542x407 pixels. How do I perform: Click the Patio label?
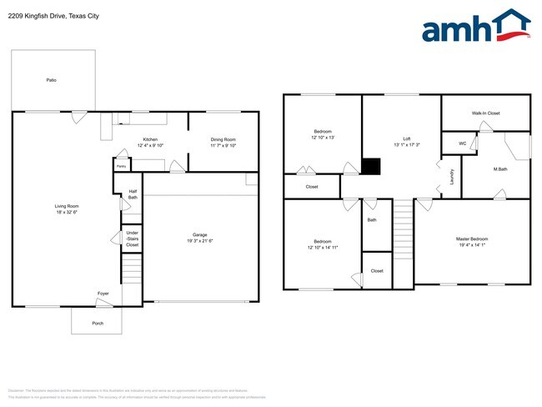(x=51, y=80)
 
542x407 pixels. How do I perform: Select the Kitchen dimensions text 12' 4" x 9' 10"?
(x=150, y=145)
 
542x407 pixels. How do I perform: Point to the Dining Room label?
(x=223, y=139)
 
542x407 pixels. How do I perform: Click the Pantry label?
(x=121, y=166)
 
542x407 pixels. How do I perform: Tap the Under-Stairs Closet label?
(x=133, y=239)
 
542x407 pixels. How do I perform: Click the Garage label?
(x=200, y=235)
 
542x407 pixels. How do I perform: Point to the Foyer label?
(x=103, y=294)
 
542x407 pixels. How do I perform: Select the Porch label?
(x=98, y=323)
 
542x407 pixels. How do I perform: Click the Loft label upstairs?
(x=407, y=138)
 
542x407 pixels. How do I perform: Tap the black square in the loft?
(x=371, y=168)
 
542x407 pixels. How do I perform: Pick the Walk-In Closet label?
(x=485, y=113)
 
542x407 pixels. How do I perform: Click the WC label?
(x=462, y=143)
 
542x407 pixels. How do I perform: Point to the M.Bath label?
(x=501, y=170)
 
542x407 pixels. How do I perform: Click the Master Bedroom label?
(x=472, y=239)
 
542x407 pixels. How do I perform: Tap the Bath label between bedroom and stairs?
(x=372, y=221)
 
